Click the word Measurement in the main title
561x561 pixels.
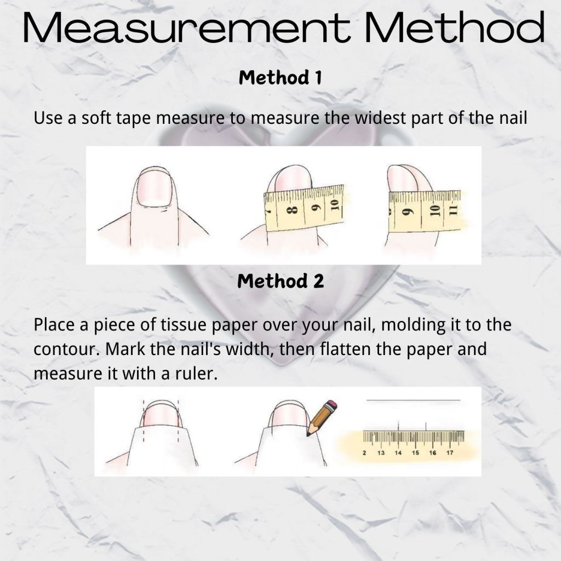pos(186,28)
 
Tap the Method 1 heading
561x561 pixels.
pos(280,78)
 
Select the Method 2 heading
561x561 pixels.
pos(280,281)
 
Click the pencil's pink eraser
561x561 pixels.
pos(331,407)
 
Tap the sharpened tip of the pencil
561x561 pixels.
pos(308,435)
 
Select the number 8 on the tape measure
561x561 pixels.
pos(293,210)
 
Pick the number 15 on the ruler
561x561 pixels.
pos(415,453)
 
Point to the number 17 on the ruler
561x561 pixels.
pos(450,453)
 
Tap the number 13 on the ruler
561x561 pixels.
pos(381,453)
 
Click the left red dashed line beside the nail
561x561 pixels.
pos(144,421)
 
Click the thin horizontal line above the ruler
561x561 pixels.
pos(414,400)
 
